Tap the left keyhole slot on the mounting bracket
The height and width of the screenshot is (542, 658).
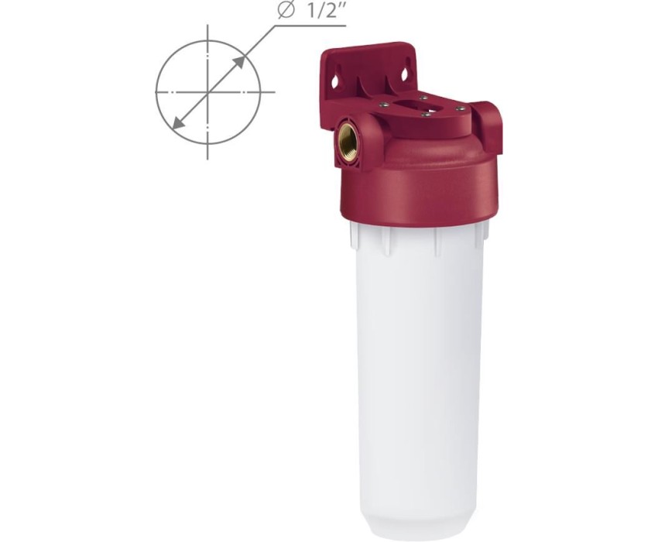(x=335, y=81)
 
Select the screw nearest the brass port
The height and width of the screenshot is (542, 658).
(x=383, y=105)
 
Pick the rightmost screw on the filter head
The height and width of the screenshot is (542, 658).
(x=460, y=108)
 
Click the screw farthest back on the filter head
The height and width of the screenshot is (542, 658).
(x=423, y=98)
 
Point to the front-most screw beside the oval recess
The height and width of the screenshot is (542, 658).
(x=425, y=114)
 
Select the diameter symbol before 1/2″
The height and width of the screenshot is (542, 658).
(x=286, y=10)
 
